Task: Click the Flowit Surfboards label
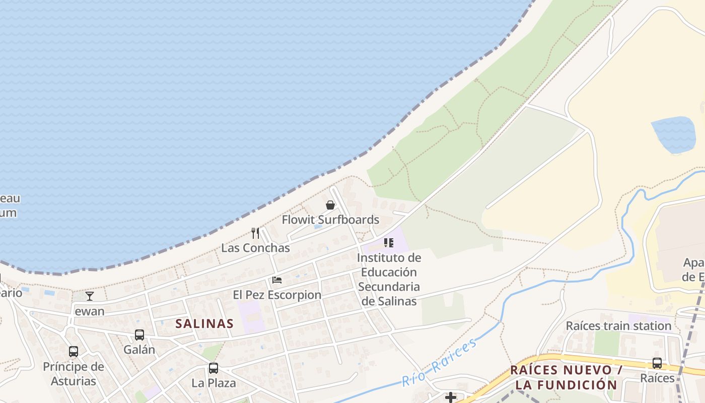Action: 330,220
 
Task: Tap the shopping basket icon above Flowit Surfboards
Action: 330,205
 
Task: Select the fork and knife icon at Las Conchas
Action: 255,233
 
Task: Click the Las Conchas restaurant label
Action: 255,248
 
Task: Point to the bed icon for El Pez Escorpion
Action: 277,280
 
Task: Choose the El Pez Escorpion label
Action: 277,295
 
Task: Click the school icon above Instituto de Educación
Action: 389,243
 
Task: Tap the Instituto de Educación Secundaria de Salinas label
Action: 389,280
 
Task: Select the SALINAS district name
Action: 204,323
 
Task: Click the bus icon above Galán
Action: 139,335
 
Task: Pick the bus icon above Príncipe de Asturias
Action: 74,352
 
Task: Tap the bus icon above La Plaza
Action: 214,368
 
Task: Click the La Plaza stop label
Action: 214,383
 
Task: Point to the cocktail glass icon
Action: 90,296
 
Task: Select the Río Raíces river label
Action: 439,362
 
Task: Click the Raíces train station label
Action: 618,326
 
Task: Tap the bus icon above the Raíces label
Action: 657,363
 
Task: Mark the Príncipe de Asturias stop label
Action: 74,374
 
